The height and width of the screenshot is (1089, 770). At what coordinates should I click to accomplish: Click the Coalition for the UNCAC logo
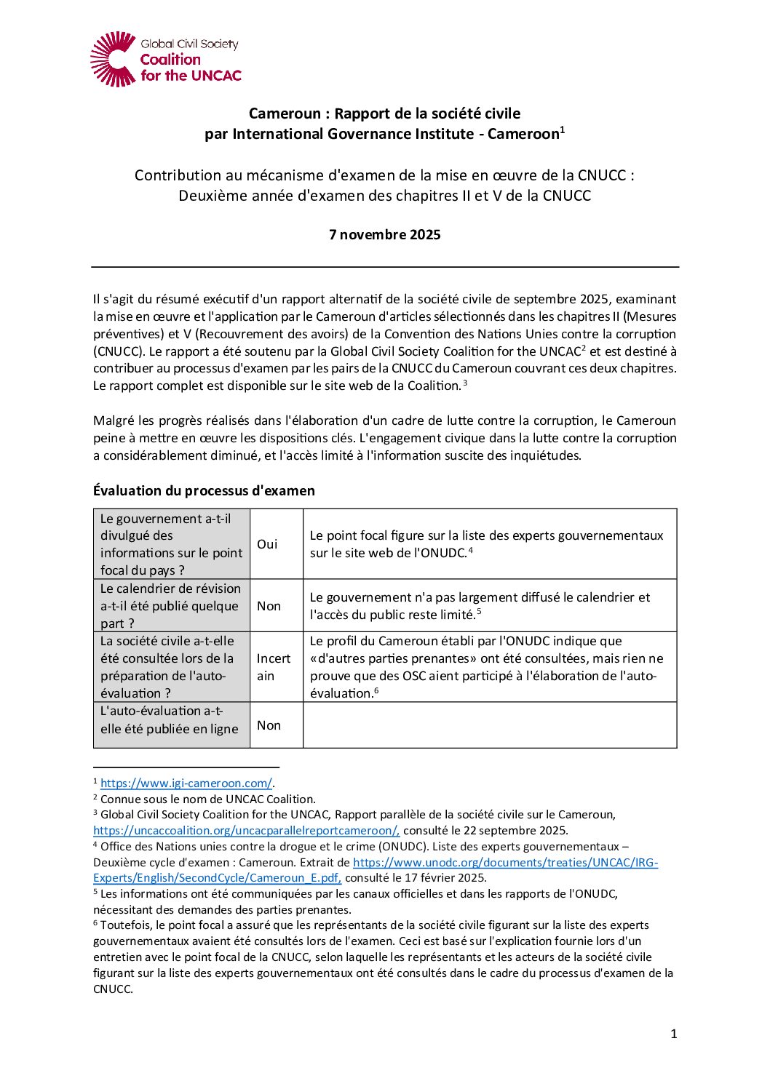click(x=165, y=59)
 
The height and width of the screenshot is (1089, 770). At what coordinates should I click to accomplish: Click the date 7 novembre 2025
click(x=384, y=234)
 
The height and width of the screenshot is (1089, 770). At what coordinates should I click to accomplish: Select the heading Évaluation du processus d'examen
click(x=204, y=490)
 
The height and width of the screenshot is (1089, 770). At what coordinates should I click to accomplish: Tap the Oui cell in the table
click(x=267, y=544)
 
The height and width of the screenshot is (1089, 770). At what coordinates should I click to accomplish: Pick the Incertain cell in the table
click(x=273, y=667)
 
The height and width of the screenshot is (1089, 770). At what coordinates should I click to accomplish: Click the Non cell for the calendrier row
click(x=269, y=606)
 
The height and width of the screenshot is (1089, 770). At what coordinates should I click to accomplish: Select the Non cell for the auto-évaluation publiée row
click(x=269, y=725)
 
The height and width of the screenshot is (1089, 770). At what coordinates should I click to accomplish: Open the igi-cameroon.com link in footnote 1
click(x=186, y=783)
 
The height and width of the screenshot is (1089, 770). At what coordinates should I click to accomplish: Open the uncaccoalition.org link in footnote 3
click(x=246, y=830)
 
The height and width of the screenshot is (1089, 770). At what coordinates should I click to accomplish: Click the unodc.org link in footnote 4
click(x=505, y=862)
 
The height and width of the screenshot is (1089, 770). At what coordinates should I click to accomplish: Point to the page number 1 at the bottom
click(x=673, y=1034)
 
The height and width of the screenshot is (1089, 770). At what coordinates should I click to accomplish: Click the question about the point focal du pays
click(x=171, y=544)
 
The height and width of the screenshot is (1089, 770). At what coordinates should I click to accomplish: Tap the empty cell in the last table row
click(x=489, y=725)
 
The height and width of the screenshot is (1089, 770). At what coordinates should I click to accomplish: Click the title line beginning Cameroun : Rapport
click(x=384, y=113)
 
